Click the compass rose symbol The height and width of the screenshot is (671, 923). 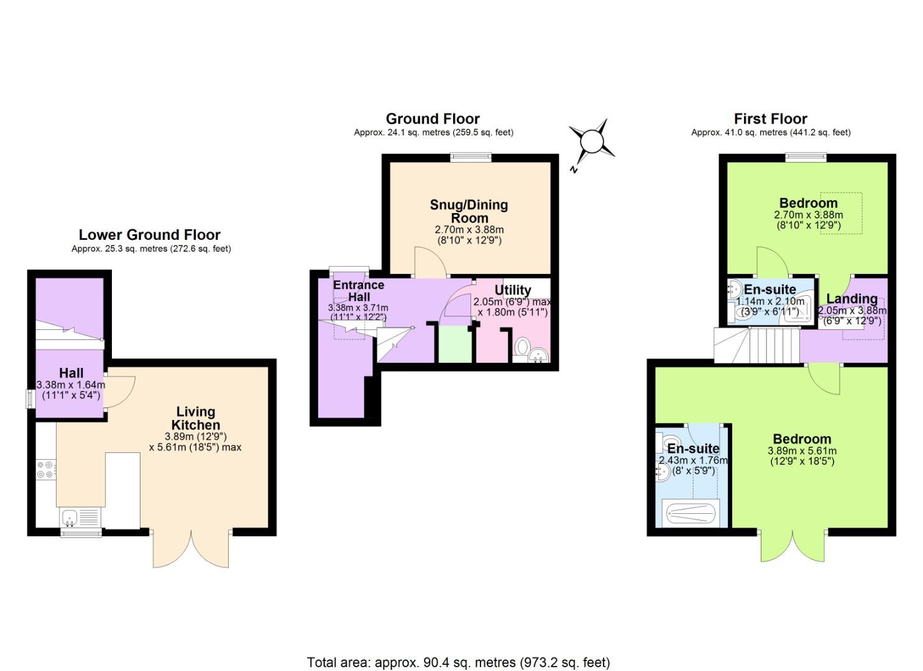coord(591,141)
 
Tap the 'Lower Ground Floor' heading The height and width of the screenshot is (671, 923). coord(149,235)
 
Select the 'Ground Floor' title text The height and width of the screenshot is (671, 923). coord(433,119)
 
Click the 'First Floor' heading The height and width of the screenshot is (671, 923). coord(770,119)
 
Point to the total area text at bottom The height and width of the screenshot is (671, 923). coord(458,662)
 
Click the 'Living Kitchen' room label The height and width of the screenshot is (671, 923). coord(196,418)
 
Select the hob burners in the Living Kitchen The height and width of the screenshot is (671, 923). coord(45,469)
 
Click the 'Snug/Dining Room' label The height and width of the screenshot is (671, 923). coord(469,211)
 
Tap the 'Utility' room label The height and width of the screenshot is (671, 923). coord(513,290)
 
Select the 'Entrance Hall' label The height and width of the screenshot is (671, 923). coord(359,291)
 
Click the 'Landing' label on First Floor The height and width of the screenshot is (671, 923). coord(852,299)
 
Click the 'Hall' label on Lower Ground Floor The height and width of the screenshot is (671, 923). coord(71,373)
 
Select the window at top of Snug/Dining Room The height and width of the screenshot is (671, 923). coord(471,158)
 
